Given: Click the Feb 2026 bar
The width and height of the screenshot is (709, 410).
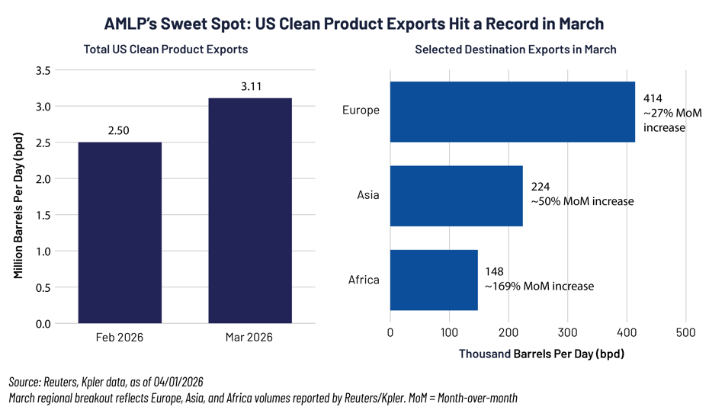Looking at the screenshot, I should pyautogui.click(x=120, y=232).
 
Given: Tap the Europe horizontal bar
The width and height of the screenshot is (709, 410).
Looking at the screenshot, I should pyautogui.click(x=512, y=111).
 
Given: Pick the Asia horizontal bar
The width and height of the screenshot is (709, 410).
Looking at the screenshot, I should pyautogui.click(x=456, y=196).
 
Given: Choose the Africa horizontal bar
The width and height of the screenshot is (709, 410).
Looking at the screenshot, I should pyautogui.click(x=434, y=280).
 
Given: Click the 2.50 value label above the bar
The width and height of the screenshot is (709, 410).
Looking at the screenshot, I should pyautogui.click(x=119, y=130).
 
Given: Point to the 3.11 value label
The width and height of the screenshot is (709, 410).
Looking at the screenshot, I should pyautogui.click(x=251, y=87).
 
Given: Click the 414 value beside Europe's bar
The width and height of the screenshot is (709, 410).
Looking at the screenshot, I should pyautogui.click(x=653, y=98).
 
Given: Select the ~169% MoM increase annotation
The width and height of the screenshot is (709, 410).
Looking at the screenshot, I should pyautogui.click(x=539, y=287).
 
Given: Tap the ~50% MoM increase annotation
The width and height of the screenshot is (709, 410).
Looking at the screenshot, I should pyautogui.click(x=582, y=202).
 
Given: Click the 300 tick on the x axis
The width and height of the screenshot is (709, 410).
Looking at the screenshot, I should pyautogui.click(x=567, y=333).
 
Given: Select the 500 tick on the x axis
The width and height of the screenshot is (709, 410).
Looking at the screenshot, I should pyautogui.click(x=685, y=333).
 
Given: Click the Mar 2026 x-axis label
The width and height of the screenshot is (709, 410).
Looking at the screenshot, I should pyautogui.click(x=250, y=337).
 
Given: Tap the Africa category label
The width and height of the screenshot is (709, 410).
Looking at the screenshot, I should pyautogui.click(x=364, y=280).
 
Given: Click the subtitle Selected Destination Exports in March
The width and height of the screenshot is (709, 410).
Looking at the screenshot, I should pyautogui.click(x=515, y=50).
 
